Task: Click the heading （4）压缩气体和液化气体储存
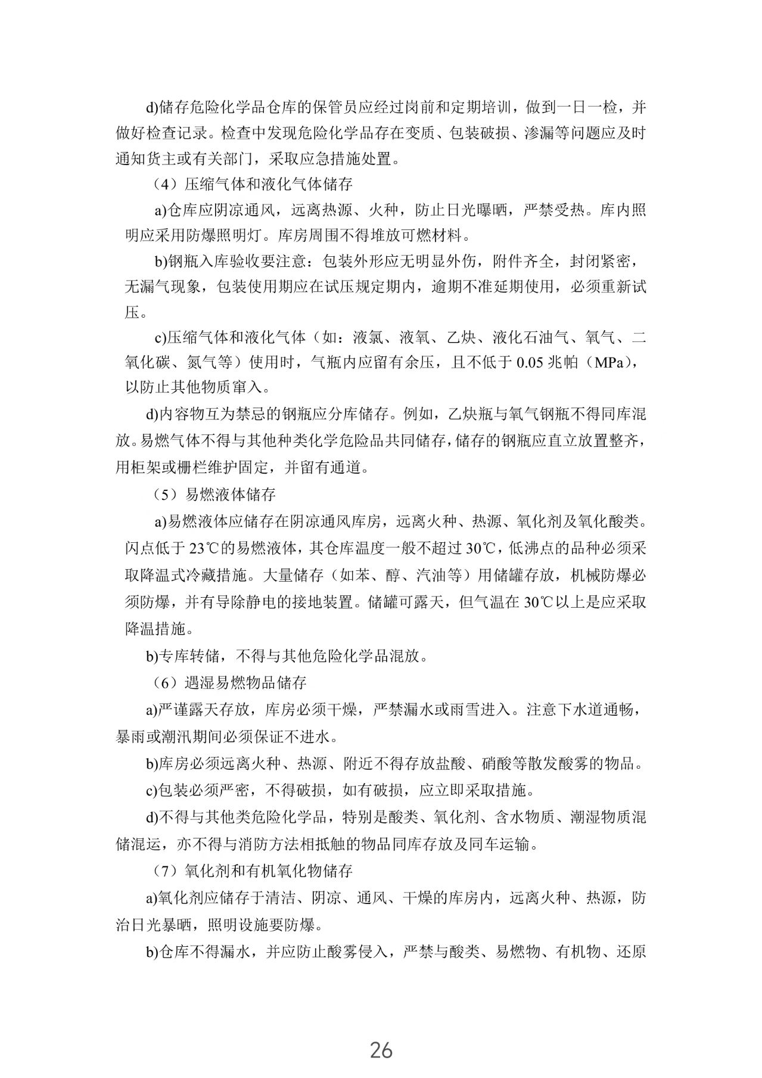click(253, 184)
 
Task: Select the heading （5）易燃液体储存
click(214, 494)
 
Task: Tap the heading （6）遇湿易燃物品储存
click(229, 682)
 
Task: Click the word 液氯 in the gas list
click(368, 338)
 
